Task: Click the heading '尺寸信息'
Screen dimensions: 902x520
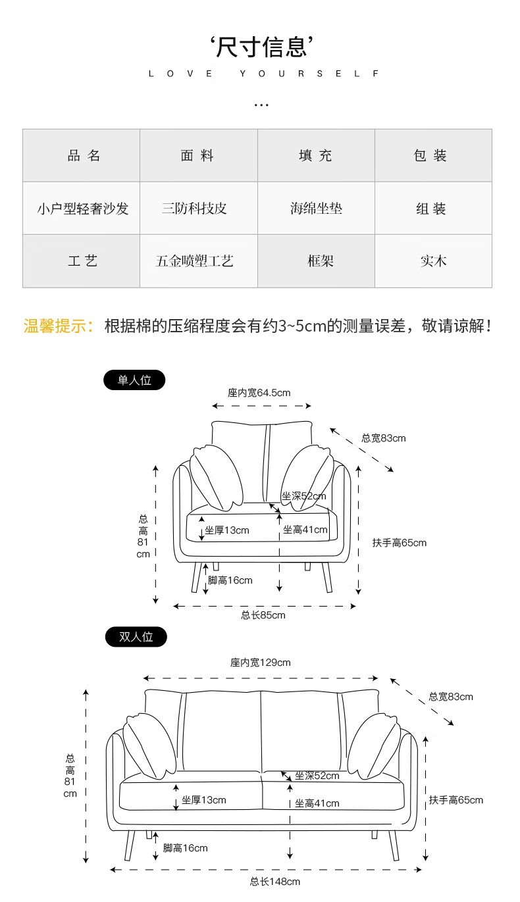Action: coord(261,47)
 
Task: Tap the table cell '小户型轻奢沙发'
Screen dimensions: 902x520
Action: coord(82,209)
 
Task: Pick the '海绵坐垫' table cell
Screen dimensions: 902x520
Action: coord(316,209)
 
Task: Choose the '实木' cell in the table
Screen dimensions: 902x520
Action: coord(433,261)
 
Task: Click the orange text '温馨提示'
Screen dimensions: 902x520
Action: coord(58,326)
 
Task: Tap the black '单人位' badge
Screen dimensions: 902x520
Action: coord(134,380)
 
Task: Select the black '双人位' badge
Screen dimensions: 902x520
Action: coord(136,637)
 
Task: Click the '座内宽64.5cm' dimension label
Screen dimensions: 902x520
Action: coord(259,393)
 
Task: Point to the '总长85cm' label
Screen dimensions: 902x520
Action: coord(263,615)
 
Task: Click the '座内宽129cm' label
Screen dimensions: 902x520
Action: coord(261,663)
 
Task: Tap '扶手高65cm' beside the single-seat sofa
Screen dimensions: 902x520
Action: coord(399,543)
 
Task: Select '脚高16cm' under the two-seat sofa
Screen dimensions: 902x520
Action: coord(185,848)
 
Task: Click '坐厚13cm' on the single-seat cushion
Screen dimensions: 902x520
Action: coord(226,530)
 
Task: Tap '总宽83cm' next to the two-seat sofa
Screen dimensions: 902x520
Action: coord(451,697)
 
